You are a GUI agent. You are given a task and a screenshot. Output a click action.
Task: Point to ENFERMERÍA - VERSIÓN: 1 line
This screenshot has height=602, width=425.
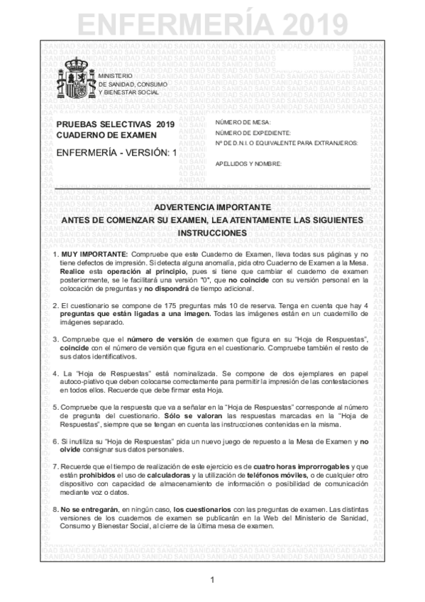(116, 152)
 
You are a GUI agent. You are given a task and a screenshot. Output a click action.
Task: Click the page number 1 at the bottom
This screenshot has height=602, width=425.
(212, 581)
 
